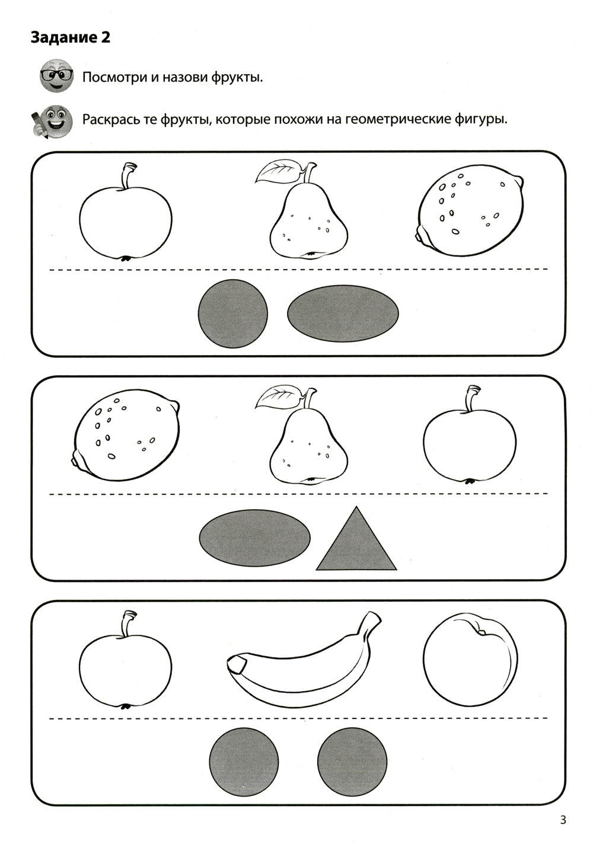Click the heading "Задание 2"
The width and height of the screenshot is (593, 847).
[x=71, y=38]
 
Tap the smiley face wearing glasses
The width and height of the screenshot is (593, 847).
[x=56, y=75]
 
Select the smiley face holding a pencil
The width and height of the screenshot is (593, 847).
[x=52, y=121]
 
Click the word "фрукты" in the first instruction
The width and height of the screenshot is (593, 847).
[x=237, y=78]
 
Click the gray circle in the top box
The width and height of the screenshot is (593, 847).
[x=233, y=314]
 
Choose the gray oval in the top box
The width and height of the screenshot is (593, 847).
[x=343, y=314]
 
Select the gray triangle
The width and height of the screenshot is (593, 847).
[x=356, y=540]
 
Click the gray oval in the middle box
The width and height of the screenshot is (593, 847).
[x=255, y=538]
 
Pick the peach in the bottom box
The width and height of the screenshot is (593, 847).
[x=470, y=660]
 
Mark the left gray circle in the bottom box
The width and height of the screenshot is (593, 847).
[x=244, y=762]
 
